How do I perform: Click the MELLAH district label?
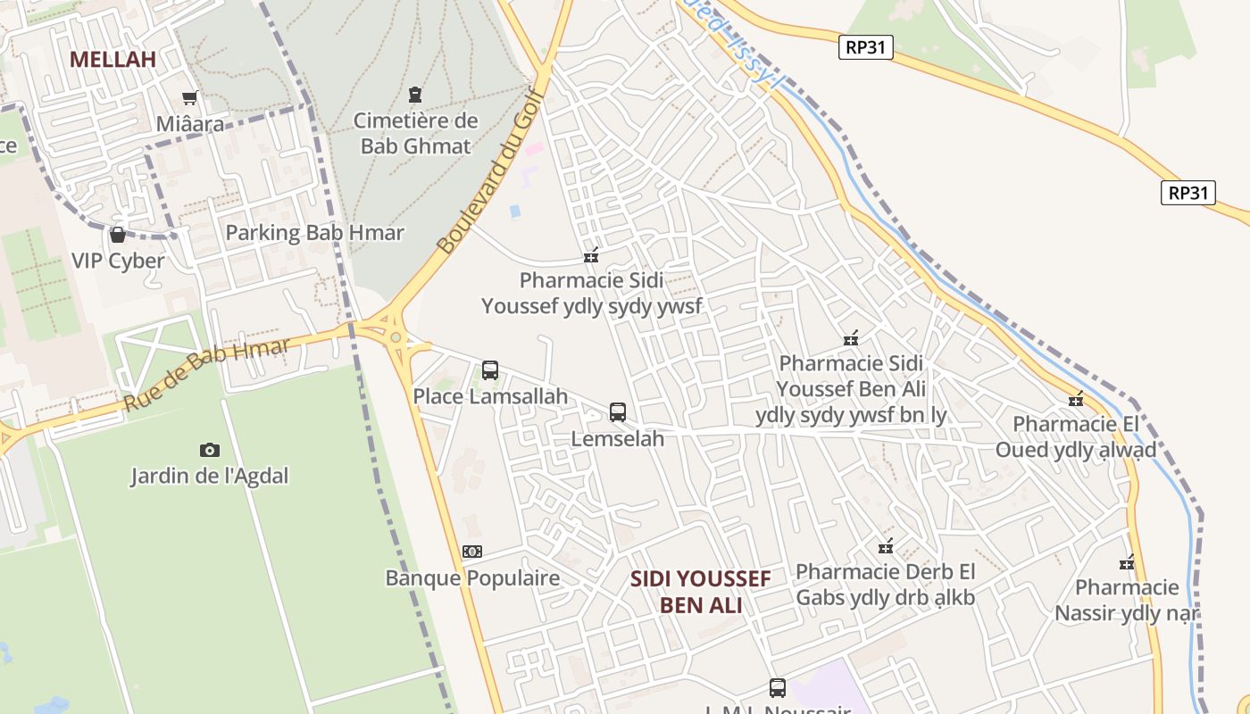point(112,59)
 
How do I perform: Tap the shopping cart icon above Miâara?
point(189,97)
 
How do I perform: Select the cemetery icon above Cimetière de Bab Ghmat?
point(415,94)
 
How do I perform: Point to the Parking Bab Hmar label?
point(314,233)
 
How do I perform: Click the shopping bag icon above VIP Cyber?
point(117,235)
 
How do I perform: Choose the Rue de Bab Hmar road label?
point(206,374)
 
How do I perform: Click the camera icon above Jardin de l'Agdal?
point(210,450)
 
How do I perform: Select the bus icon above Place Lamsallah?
point(490,369)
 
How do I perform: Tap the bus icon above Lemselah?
point(618,412)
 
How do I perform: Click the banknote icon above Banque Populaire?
point(472,552)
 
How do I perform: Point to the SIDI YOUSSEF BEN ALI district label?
point(701,592)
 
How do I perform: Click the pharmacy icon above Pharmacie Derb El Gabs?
point(886,545)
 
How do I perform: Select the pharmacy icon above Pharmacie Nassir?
point(1127,562)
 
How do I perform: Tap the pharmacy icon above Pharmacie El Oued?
point(1076,398)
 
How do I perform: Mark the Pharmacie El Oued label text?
point(1076,436)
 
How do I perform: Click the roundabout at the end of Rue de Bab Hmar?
point(396,336)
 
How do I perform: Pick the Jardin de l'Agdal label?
point(210,476)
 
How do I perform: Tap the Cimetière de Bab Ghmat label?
point(416,133)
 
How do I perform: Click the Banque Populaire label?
point(472,577)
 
